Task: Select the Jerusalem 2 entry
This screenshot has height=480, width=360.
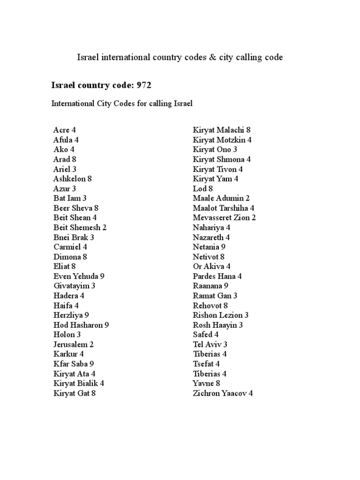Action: pyautogui.click(x=74, y=345)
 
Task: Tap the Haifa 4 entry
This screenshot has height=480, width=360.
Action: pyautogui.click(x=66, y=306)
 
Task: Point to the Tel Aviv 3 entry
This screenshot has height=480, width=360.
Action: pyautogui.click(x=210, y=345)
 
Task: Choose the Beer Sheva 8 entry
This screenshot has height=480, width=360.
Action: pyautogui.click(x=76, y=208)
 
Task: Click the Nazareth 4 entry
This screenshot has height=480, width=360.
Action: pyautogui.click(x=211, y=237)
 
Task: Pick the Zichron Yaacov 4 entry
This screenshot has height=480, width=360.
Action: pyautogui.click(x=223, y=393)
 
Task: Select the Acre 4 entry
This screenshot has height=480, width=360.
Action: pyautogui.click(x=64, y=130)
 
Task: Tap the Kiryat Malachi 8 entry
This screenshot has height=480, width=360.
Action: pyautogui.click(x=222, y=130)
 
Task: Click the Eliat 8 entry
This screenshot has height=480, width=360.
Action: pyautogui.click(x=65, y=267)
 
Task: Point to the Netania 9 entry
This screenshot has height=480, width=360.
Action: pyautogui.click(x=209, y=247)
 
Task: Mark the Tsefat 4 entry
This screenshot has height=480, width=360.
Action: pyautogui.click(x=206, y=364)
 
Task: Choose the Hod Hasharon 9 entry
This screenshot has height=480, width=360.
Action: pyautogui.click(x=81, y=325)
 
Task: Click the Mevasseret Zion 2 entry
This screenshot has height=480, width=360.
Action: pyautogui.click(x=224, y=218)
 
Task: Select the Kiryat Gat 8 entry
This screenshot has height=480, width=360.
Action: pyautogui.click(x=75, y=393)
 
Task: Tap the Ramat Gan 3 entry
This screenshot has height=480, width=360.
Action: pyautogui.click(x=215, y=296)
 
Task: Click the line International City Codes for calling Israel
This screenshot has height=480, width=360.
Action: pyautogui.click(x=122, y=104)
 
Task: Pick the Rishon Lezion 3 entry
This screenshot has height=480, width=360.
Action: pyautogui.click(x=221, y=315)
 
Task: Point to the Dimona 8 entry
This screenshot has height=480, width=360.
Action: pyautogui.click(x=70, y=257)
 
